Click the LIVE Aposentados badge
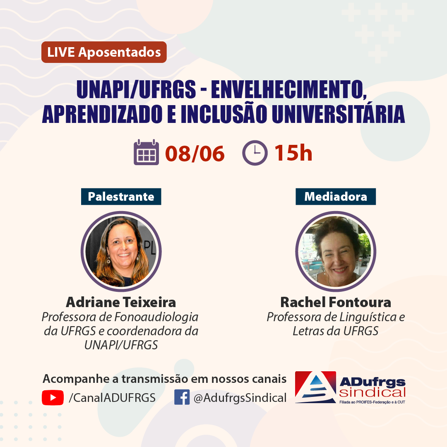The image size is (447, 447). [x=104, y=52]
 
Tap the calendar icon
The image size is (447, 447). [x=146, y=152]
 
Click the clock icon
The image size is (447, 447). [x=255, y=153]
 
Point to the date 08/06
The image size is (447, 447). [x=195, y=154]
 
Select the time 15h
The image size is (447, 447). [x=293, y=153]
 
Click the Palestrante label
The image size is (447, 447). [x=121, y=197]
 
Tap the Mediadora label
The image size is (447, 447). [x=336, y=197]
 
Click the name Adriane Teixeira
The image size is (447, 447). [x=121, y=302]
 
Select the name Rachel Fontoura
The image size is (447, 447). [x=336, y=302]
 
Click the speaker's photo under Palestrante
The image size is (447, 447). [x=121, y=252]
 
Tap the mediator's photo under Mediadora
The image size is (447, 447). [x=336, y=252]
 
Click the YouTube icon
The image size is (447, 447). [x=53, y=398]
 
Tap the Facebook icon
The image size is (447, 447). [x=182, y=397]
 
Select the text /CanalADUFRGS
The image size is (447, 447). [x=112, y=398]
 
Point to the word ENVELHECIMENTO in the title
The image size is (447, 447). [x=289, y=89]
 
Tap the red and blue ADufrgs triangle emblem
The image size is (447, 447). [x=315, y=387]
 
